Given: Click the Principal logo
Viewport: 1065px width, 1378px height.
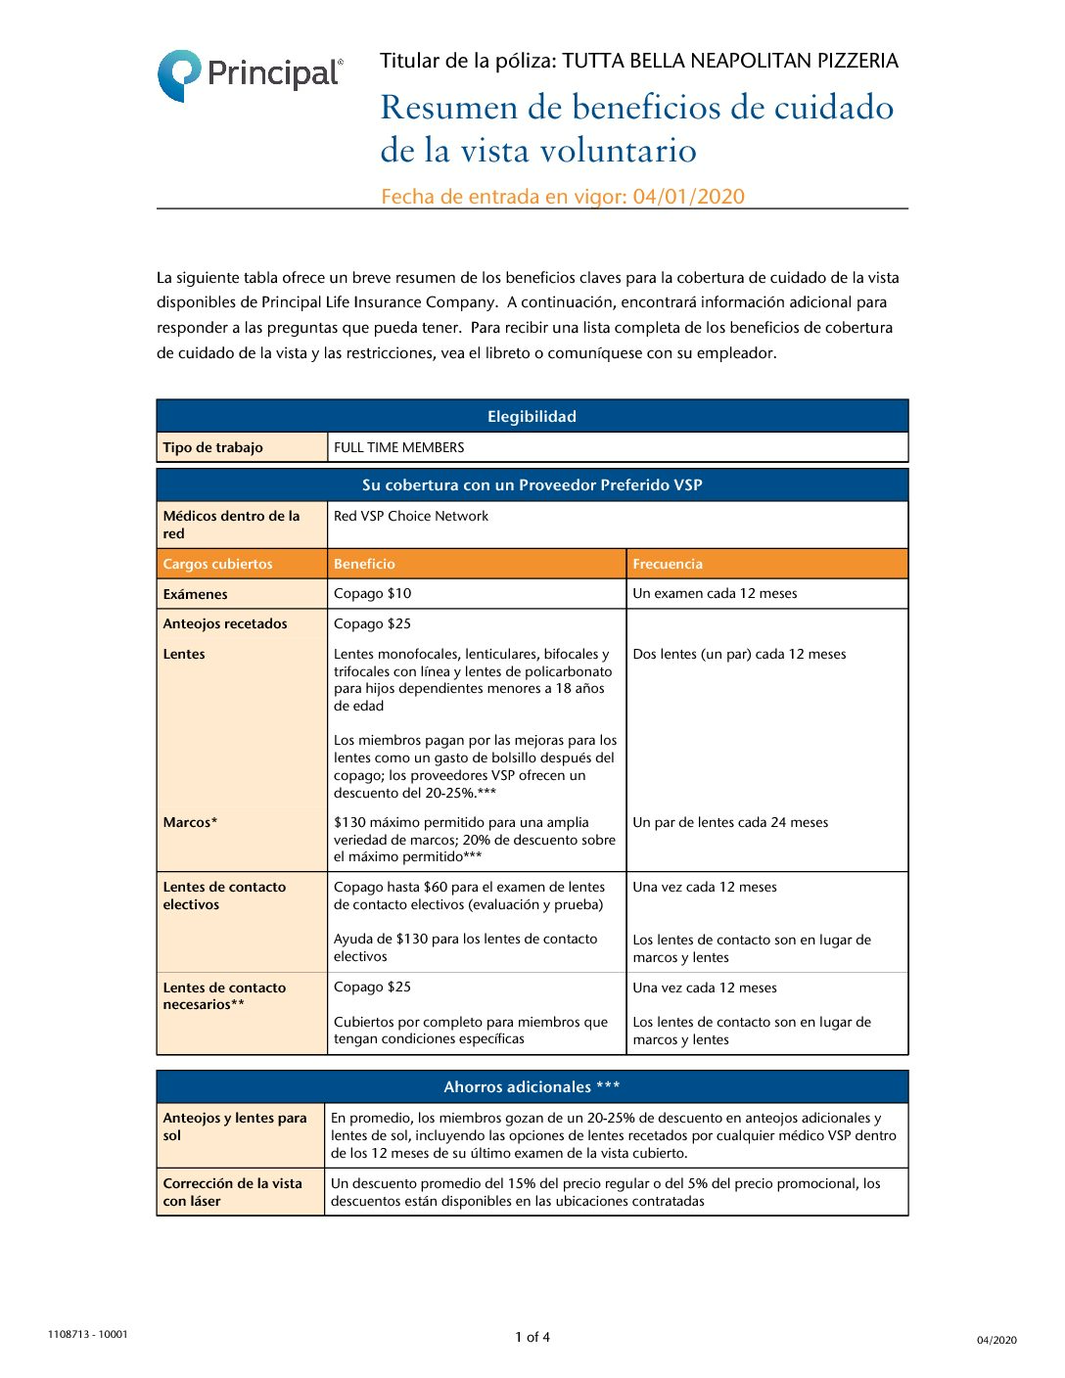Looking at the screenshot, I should (250, 75).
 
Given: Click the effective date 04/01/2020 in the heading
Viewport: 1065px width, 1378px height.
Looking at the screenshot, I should (688, 197).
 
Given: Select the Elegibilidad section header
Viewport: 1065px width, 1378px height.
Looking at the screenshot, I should (532, 417).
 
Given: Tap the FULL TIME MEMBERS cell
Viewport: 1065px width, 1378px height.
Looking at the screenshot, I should (399, 448).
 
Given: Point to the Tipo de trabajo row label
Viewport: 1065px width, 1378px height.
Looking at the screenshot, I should (212, 448).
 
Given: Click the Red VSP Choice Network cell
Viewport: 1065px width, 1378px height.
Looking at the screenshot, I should (411, 517).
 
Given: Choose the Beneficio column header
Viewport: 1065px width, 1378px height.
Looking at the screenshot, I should (364, 565).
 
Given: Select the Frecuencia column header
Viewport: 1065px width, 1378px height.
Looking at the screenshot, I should (668, 565).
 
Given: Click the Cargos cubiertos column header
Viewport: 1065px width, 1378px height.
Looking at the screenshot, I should (217, 565).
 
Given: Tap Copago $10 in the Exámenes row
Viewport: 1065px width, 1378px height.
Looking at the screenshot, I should (373, 594).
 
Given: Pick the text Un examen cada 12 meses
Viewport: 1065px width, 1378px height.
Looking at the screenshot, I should (715, 594).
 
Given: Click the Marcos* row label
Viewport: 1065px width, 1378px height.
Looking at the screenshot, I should (190, 823).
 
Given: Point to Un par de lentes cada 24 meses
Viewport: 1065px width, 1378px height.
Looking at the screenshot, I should (730, 823).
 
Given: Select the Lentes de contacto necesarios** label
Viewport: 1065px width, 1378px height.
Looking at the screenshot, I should (224, 996).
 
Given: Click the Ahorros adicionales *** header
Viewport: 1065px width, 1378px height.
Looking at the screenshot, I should (532, 1087).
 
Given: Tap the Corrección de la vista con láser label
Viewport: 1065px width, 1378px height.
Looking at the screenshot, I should (232, 1192).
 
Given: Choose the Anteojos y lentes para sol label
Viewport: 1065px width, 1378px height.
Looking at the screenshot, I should (234, 1126).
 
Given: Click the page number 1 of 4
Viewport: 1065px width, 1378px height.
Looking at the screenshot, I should (532, 1337).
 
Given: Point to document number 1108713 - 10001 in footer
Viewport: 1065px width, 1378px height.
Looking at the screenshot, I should (87, 1334).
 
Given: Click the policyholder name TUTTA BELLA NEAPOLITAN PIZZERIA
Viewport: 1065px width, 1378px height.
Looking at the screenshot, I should (730, 62).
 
